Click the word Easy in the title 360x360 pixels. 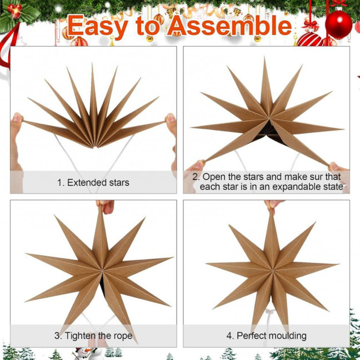[x=98, y=26]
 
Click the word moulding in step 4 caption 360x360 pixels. [x=287, y=336]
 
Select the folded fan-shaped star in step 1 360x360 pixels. [x=93, y=111]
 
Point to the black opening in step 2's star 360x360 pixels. [x=268, y=131]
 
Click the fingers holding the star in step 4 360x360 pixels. [x=272, y=205]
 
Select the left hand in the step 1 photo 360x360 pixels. [x=17, y=133]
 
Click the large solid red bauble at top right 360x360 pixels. [x=338, y=24]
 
